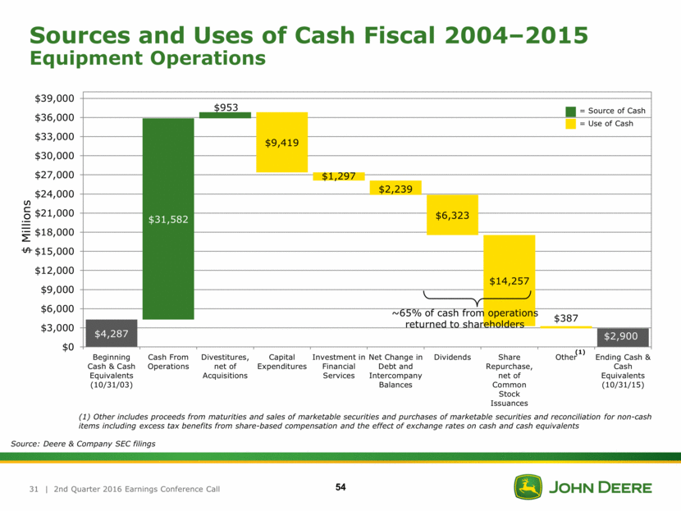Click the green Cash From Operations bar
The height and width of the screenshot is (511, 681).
click(x=168, y=218)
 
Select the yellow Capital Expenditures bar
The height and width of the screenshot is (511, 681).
click(x=281, y=142)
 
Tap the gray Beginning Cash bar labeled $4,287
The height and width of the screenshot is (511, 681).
click(x=111, y=333)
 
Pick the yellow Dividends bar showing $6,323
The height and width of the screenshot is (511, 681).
click(x=452, y=215)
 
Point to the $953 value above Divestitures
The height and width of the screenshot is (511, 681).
click(x=226, y=107)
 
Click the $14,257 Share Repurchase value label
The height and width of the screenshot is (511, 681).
click(x=509, y=281)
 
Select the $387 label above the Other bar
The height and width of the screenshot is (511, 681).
click(x=565, y=317)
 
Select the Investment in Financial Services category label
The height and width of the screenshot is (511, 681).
click(x=339, y=366)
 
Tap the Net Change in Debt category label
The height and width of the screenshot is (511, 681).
click(x=395, y=371)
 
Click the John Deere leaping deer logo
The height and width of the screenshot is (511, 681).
click(x=528, y=486)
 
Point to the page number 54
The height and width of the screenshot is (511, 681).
click(x=340, y=488)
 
